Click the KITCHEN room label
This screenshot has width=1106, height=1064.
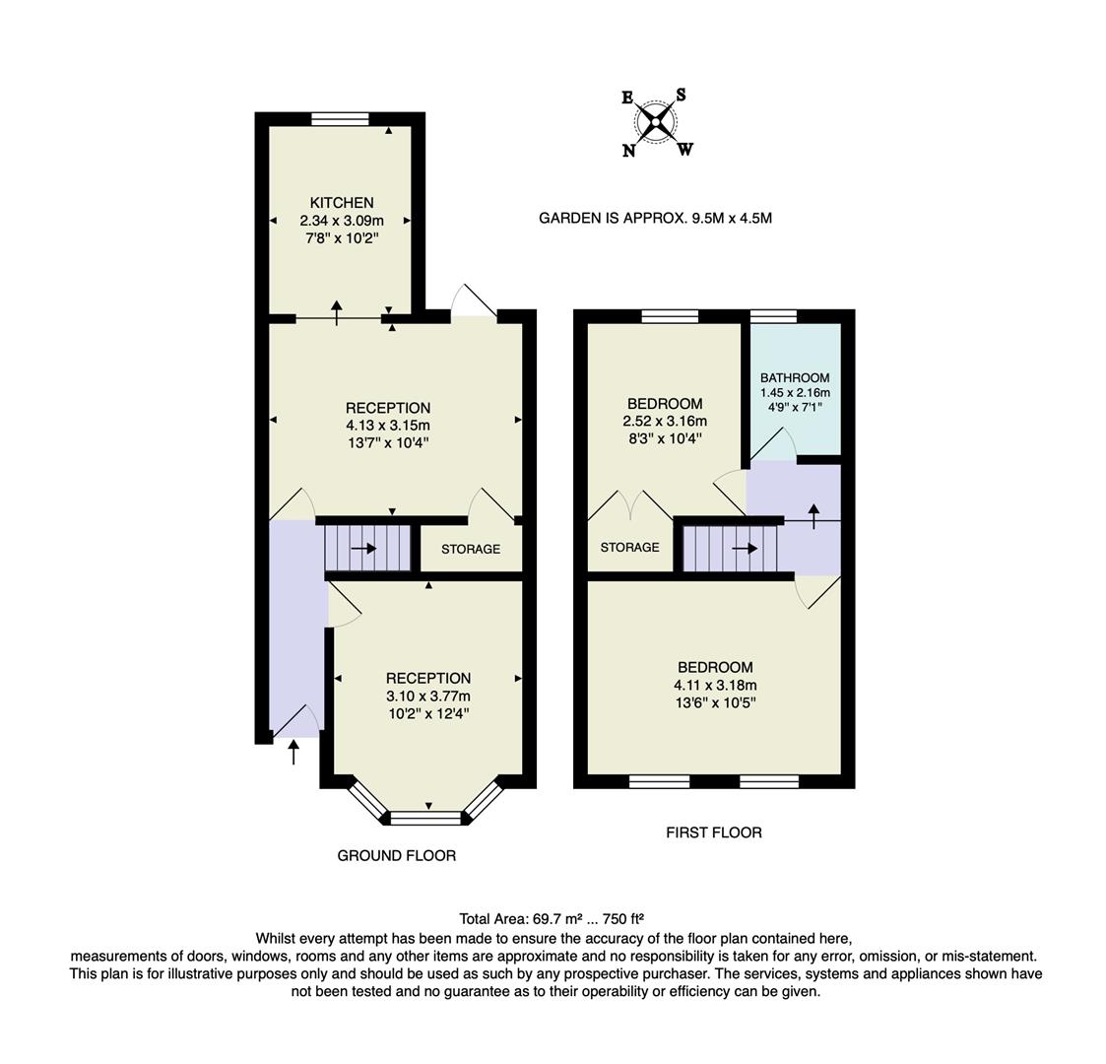click(342, 203)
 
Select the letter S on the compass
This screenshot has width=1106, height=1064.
click(681, 96)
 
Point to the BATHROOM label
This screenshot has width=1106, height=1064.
click(795, 377)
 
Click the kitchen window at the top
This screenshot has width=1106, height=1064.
click(340, 119)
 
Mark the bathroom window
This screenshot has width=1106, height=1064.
click(773, 316)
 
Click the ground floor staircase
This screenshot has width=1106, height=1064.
click(367, 549)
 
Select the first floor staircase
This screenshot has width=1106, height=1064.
click(730, 549)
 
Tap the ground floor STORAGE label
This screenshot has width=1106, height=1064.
click(471, 549)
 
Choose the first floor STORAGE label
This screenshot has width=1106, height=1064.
click(629, 547)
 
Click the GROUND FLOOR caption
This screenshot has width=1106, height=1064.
click(397, 856)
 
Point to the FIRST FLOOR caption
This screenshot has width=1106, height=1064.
click(714, 832)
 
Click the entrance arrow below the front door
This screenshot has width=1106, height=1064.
click(293, 753)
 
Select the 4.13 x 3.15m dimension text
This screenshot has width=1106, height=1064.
click(387, 426)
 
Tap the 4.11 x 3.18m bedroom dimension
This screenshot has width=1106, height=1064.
click(715, 686)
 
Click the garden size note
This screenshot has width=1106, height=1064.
click(655, 218)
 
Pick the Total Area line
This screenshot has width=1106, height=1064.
click(552, 918)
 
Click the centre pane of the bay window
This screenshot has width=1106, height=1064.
click(426, 817)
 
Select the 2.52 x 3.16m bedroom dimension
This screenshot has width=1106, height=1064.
click(665, 421)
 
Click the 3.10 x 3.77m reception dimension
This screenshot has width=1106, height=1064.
click(427, 696)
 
